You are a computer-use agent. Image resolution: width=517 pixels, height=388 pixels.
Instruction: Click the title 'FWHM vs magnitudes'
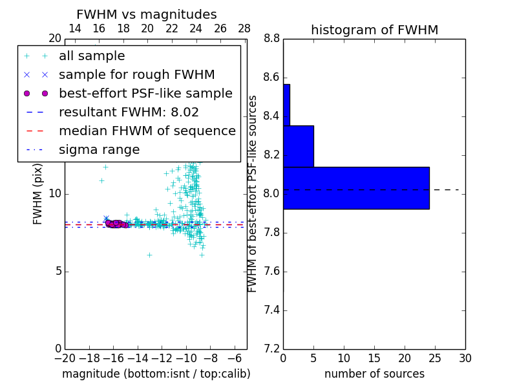[x=147, y=14]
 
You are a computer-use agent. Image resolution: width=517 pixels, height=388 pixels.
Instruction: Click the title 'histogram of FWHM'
[x=374, y=30]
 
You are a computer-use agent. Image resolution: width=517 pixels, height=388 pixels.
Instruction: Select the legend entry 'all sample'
[x=92, y=56]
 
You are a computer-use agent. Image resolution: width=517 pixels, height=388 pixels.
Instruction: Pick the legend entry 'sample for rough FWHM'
[x=136, y=75]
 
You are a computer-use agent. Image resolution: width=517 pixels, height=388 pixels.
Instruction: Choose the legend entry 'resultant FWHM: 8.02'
[x=129, y=113]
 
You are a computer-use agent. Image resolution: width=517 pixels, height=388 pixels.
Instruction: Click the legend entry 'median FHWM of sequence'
[x=147, y=131]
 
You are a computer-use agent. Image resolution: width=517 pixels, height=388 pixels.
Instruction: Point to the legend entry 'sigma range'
[x=99, y=150]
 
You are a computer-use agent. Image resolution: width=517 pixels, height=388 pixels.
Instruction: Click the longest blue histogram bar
[x=356, y=188]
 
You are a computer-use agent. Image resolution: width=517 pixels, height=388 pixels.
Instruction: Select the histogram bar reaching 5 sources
[x=298, y=146]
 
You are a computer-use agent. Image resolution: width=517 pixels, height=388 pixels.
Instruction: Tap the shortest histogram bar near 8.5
[x=286, y=105]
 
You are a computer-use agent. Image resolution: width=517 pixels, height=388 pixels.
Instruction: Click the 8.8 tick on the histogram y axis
[x=271, y=39]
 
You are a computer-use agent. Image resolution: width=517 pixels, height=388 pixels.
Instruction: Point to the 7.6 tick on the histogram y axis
[x=271, y=272]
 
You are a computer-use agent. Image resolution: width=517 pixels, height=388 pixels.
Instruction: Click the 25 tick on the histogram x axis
[x=435, y=358]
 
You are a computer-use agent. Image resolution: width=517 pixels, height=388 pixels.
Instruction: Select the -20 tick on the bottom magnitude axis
[x=65, y=358]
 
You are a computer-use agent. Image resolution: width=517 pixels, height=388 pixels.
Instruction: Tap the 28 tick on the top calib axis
[x=244, y=28]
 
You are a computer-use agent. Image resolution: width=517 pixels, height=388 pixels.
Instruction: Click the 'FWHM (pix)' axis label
[x=38, y=194]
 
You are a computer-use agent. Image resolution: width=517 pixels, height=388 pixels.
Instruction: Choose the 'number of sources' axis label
[x=374, y=374]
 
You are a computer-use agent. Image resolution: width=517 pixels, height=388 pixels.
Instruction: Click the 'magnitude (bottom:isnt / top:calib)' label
[x=156, y=374]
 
